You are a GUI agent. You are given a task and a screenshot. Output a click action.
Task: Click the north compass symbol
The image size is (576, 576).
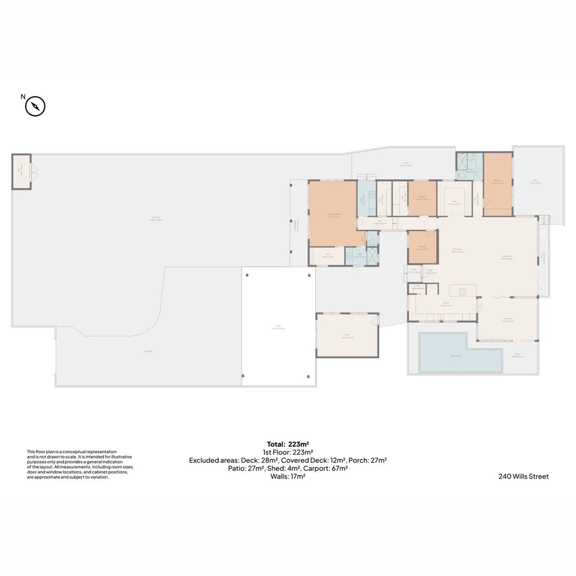pyautogui.click(x=35, y=106)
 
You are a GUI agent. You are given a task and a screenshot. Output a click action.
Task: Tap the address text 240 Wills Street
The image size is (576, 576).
pyautogui.click(x=523, y=476)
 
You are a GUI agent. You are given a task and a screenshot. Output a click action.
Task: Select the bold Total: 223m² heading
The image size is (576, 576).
pyautogui.click(x=288, y=444)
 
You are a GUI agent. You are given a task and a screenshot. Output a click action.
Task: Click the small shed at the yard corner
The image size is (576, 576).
pyautogui.click(x=21, y=172)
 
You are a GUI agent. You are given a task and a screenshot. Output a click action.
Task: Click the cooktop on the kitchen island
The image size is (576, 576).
pyautogui.click(x=462, y=291)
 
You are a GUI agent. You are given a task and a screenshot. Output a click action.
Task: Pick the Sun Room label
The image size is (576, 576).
pyautogui.click(x=508, y=320)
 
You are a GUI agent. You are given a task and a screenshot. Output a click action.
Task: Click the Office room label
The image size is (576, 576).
pyautogui.click(x=454, y=202)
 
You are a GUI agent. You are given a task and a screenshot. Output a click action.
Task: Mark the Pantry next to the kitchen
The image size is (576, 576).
pyautogui.click(x=418, y=288)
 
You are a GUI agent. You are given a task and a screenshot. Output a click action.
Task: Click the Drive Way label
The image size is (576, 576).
pyautogui.click(x=148, y=351)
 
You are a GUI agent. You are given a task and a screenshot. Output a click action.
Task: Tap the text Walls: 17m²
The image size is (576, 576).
pyautogui.click(x=288, y=476)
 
